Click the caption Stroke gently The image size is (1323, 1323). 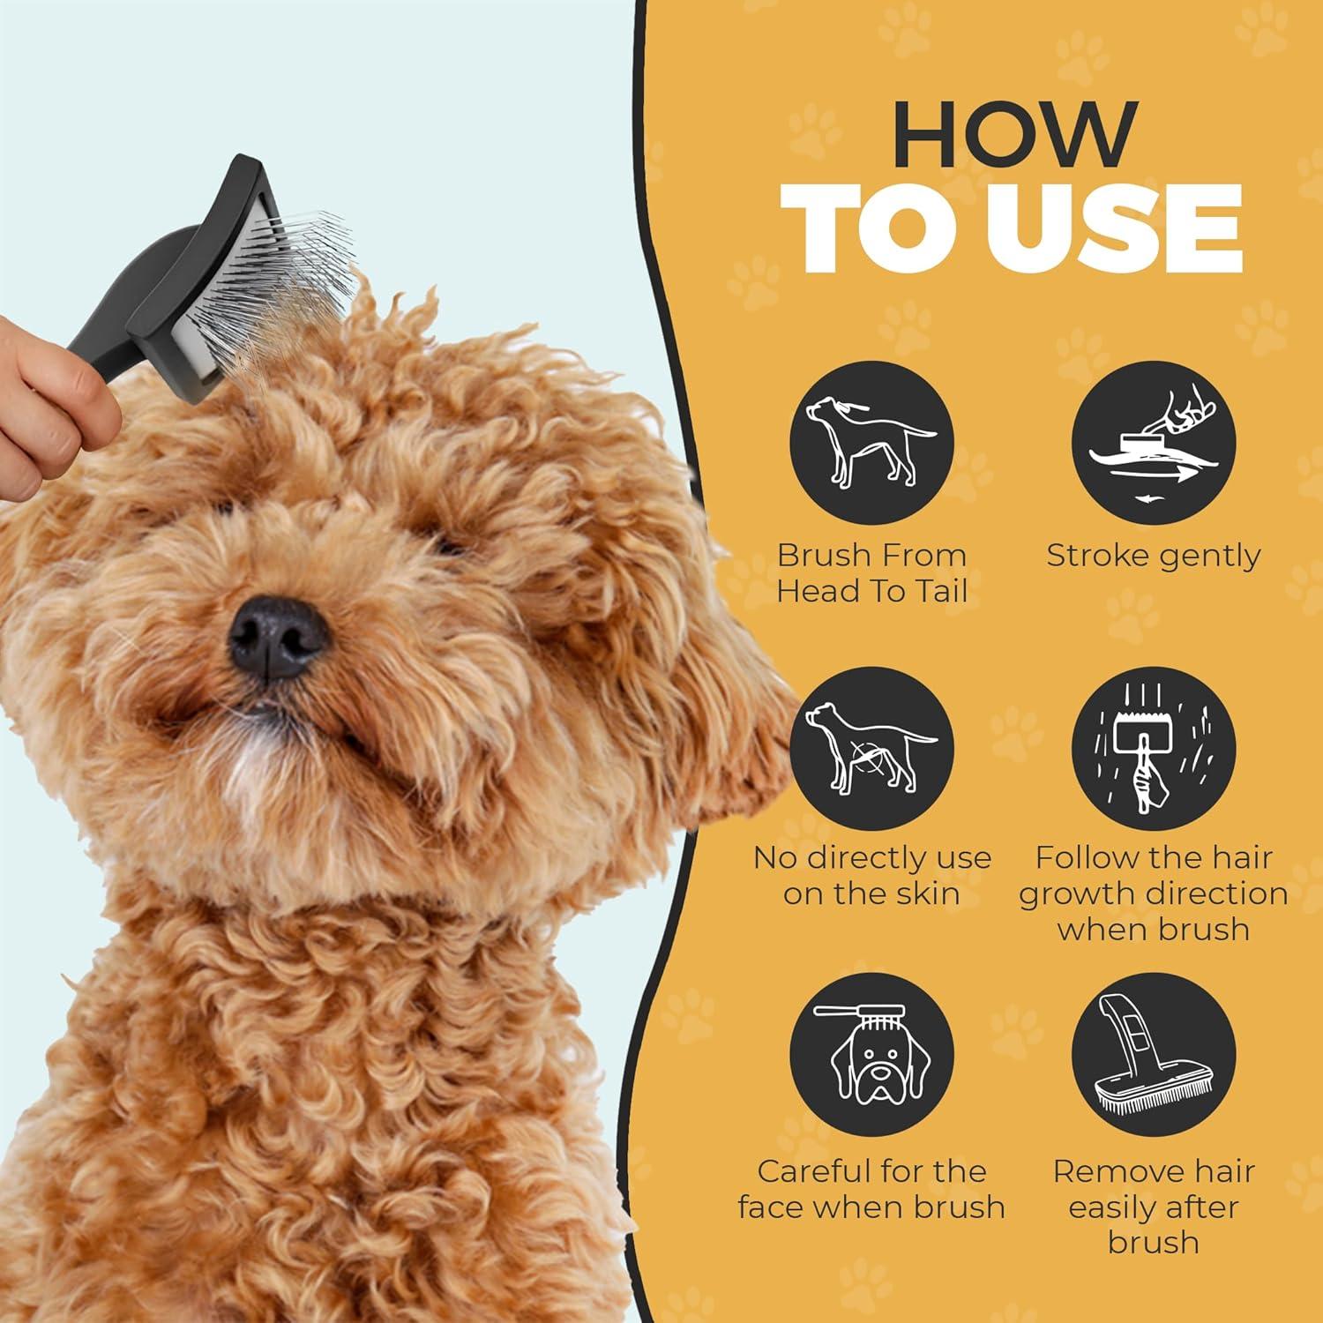[1153, 557]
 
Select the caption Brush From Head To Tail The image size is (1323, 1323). [871, 573]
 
